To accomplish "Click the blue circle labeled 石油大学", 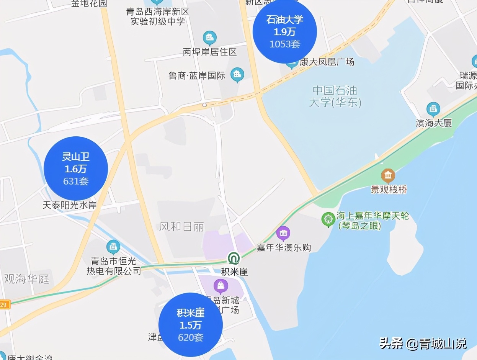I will [285, 31].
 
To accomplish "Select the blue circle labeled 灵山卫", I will [76, 169].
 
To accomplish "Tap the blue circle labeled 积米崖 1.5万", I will [191, 325].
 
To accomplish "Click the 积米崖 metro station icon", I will [234, 259].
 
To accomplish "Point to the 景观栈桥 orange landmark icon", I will [388, 176].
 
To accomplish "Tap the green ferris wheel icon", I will [328, 219].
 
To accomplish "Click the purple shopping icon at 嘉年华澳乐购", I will [283, 232].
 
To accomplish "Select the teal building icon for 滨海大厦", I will [433, 109].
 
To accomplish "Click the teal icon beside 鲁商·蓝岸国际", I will [237, 74].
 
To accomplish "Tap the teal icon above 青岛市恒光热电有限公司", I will [113, 247].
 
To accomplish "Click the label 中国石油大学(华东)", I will [335, 97].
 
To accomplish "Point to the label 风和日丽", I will [182, 227].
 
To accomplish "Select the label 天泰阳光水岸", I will [70, 205].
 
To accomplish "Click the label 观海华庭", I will [27, 279].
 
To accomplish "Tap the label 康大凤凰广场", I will [327, 62].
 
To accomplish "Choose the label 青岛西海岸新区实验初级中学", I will [158, 16].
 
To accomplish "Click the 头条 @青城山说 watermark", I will [423, 344].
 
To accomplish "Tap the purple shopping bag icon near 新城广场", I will [221, 286].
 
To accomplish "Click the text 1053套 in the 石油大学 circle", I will [285, 44].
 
